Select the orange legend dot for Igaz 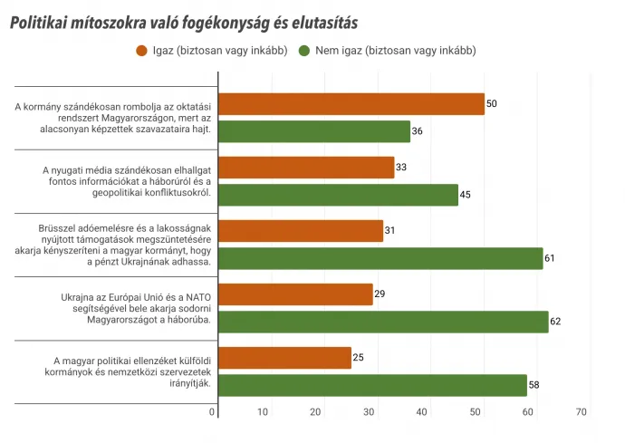coord(141,51)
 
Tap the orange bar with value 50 coord(351,104)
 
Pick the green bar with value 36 coord(314,131)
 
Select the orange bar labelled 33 coord(306,168)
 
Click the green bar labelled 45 coord(338,195)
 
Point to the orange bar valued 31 coord(301,231)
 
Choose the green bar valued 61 coord(380,258)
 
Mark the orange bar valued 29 coord(295,294)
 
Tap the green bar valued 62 coord(383,322)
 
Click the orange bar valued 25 coord(284,358)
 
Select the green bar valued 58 coord(372,385)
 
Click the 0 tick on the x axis coord(214,412)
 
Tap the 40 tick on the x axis coord(423,412)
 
